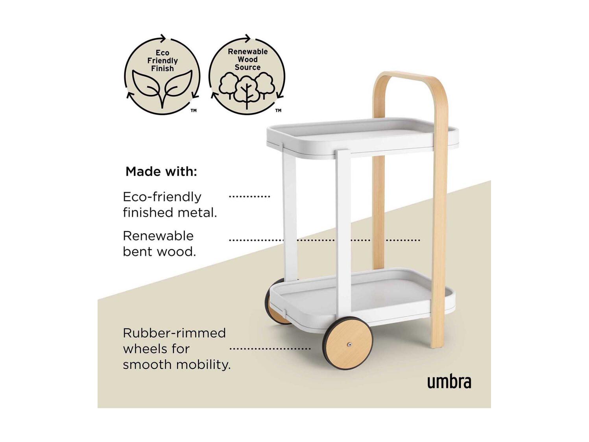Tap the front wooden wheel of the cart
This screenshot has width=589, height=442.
347,344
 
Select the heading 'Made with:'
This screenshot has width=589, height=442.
161,172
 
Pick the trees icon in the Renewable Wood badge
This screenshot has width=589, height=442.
247,90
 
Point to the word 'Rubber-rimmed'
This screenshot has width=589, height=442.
174,333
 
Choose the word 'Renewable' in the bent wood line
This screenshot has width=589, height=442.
158,236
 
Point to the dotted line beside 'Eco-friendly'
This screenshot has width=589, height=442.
249,197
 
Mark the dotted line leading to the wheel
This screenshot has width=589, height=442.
270,349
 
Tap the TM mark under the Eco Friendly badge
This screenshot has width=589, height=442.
194,111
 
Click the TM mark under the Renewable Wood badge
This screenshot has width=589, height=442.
278,110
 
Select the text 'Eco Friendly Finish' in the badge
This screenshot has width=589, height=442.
162,61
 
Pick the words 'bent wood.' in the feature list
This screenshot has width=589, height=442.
159,252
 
